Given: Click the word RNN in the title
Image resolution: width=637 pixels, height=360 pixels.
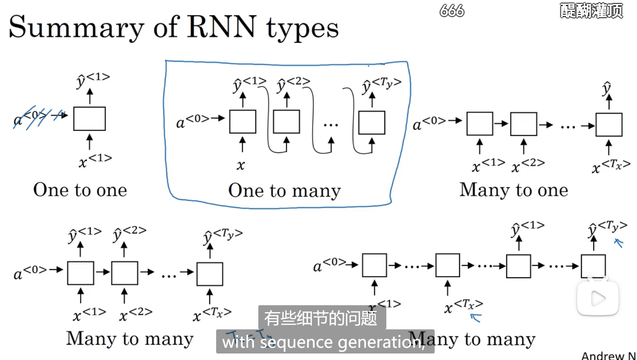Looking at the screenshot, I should coord(222,27).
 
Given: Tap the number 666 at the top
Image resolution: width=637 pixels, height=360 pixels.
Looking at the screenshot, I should coord(452,11).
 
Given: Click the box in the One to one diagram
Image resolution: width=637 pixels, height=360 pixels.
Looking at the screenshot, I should coord(89,119).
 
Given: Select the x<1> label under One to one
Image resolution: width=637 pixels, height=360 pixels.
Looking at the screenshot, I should coord(95,160).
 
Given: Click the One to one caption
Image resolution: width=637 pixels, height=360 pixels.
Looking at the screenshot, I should coord(80,190).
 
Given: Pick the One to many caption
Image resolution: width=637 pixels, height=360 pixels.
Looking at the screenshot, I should coord(284,191).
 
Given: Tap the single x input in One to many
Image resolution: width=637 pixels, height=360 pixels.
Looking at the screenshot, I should coord(241,165).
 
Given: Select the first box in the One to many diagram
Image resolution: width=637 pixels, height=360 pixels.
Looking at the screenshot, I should coord(243,122).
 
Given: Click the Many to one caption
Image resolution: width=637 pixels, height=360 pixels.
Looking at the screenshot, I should coord(514,190).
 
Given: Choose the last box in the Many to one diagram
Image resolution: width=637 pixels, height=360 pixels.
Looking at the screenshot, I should coord(609,125).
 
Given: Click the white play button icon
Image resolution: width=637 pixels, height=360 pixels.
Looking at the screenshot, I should coord(598,298).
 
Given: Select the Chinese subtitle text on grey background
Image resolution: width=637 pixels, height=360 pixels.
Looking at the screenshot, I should coord(321,318).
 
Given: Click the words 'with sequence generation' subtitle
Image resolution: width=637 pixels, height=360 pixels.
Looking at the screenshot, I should coord(323,342).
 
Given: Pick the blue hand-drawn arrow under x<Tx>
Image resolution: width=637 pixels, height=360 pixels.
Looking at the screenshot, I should coord(476,317).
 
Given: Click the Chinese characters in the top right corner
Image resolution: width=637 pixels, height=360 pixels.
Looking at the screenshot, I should coord(591,11).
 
